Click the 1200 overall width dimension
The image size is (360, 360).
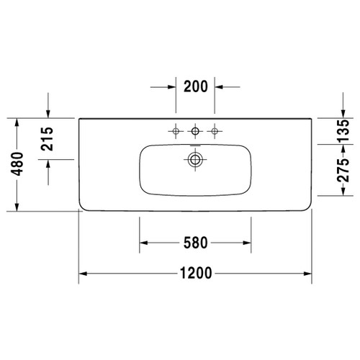click(195, 273)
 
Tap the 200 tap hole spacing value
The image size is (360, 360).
click(195, 86)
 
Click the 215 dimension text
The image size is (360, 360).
click(48, 137)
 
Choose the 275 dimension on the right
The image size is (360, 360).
click(343, 171)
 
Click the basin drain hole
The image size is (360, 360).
click(194, 159)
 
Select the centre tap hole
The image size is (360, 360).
click(194, 131)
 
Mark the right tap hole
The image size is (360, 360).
click(214, 131)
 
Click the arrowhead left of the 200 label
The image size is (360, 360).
click(171, 86)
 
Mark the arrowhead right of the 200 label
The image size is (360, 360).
click(219, 86)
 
